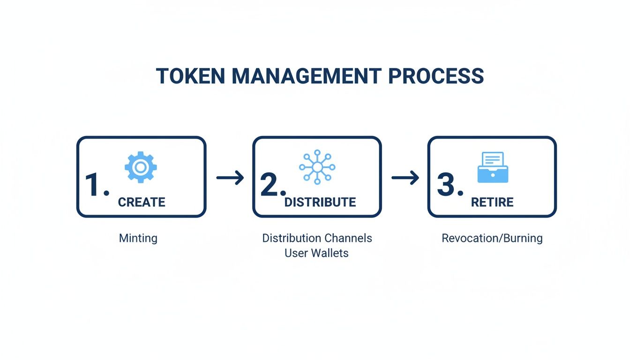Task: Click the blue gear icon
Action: click(141, 167)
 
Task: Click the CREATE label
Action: click(142, 202)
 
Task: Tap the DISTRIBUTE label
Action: click(320, 202)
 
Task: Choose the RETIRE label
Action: click(492, 202)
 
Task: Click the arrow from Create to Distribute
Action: click(230, 178)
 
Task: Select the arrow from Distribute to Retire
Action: click(405, 178)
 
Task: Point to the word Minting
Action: click(138, 238)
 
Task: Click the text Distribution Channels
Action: click(317, 238)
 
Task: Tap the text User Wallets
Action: click(317, 253)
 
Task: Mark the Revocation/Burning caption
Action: click(492, 238)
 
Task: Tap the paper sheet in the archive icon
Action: click(493, 159)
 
